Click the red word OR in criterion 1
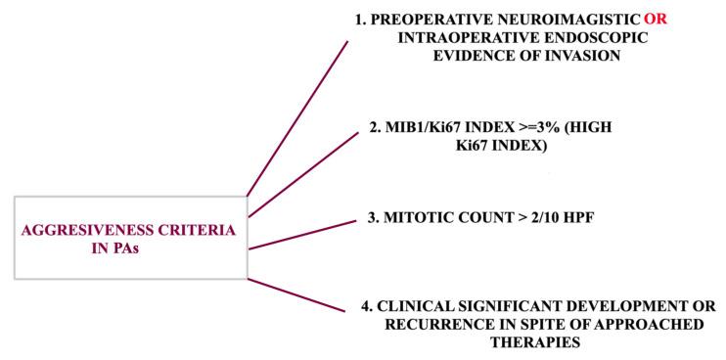tap(656, 19)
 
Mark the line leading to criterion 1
tap(298, 117)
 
